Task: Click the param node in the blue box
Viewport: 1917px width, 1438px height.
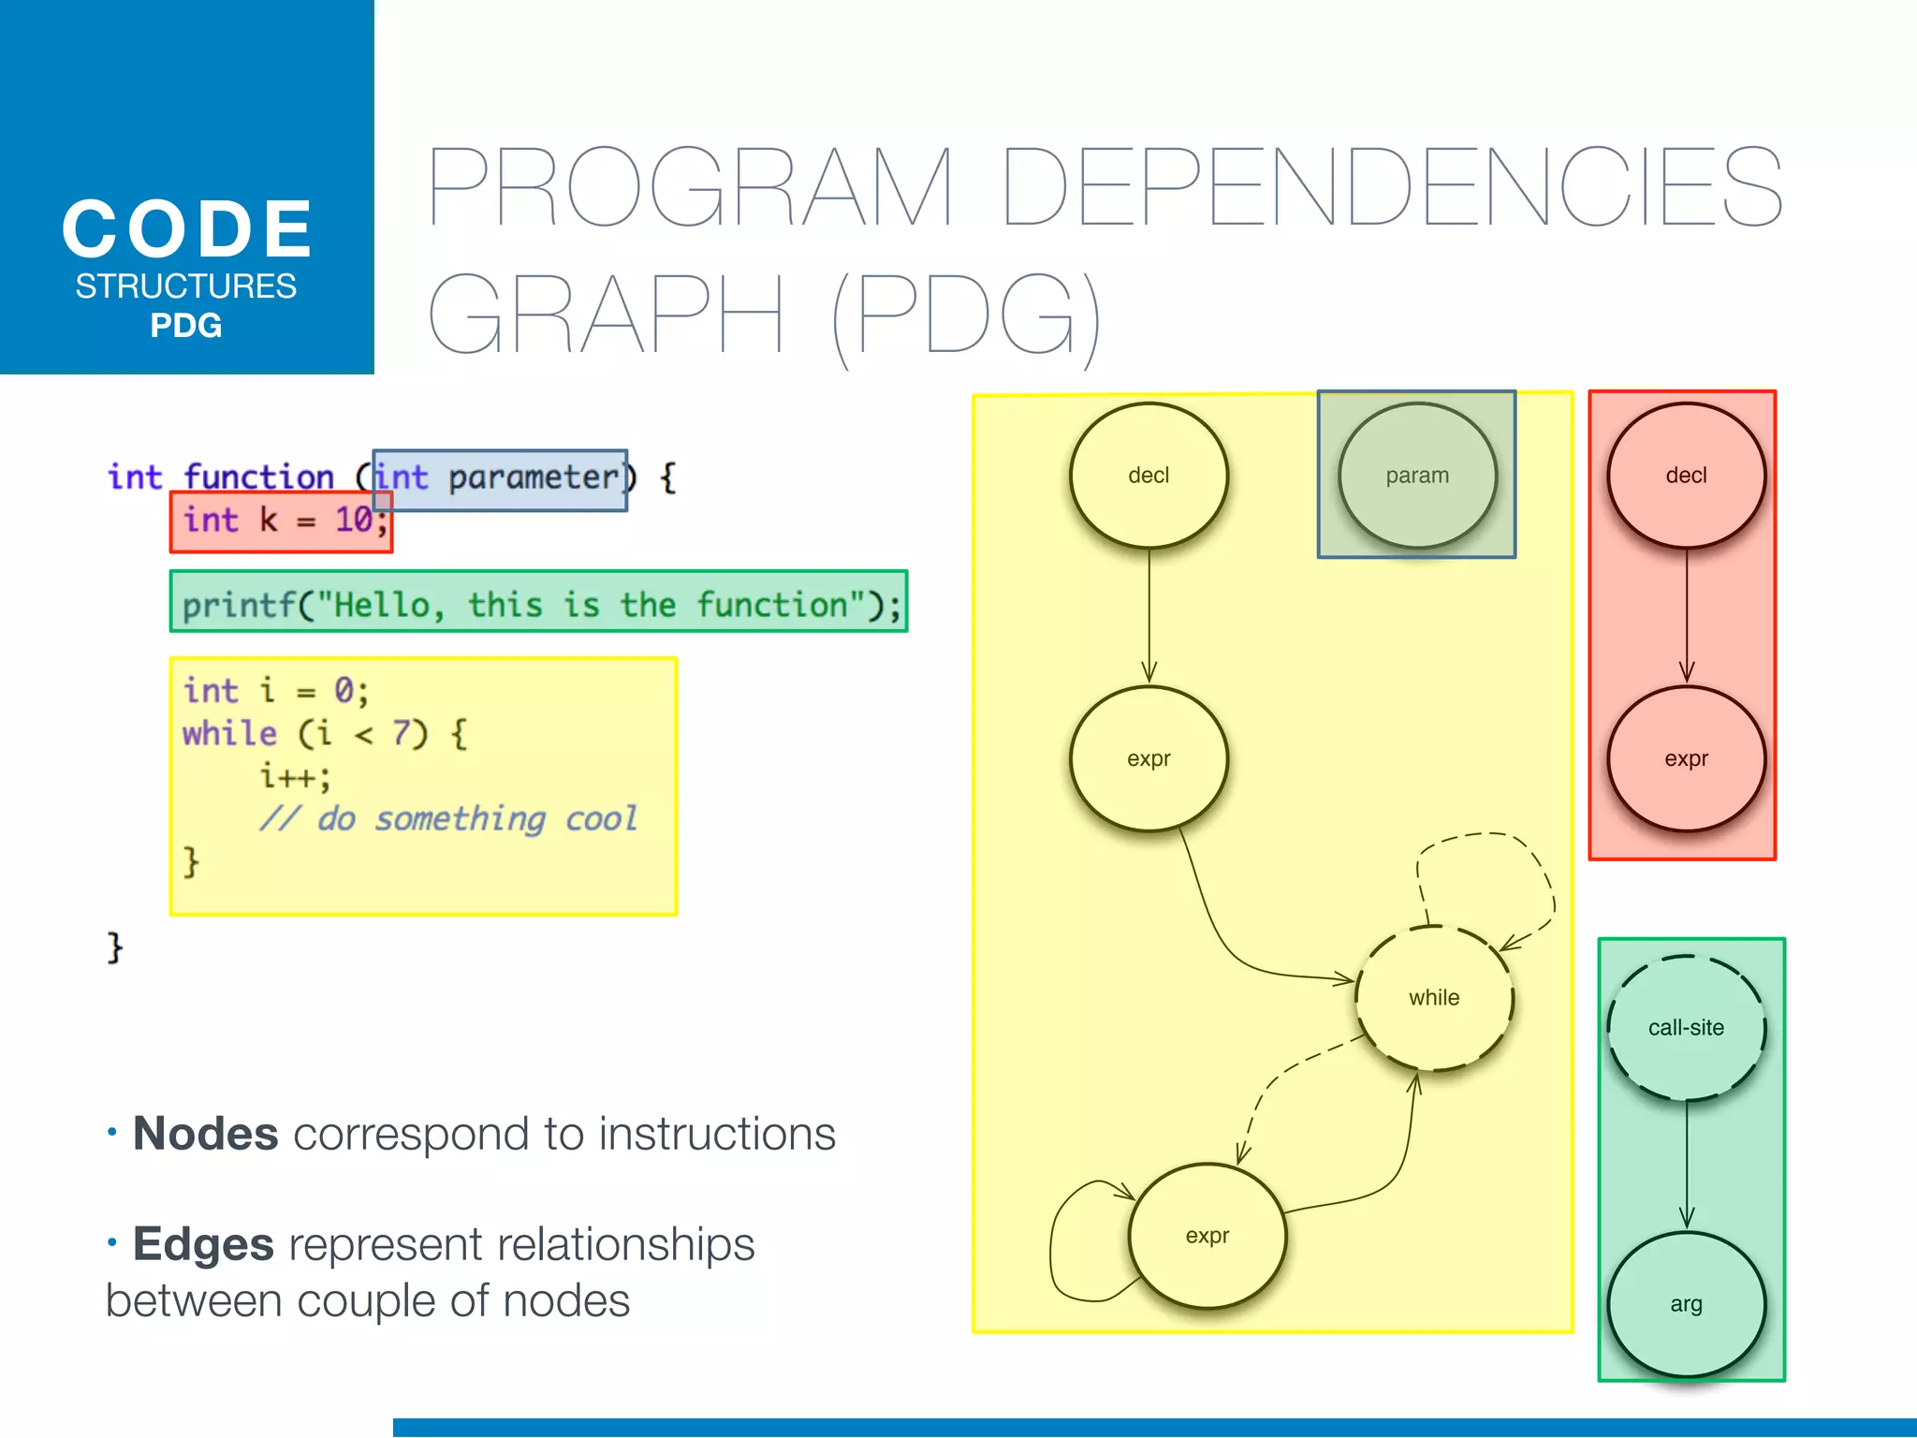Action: tap(1417, 476)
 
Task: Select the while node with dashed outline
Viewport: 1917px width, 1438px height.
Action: tap(1434, 998)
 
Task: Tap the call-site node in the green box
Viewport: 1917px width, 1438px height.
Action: tap(1686, 1028)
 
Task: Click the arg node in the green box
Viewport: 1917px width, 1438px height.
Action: tap(1686, 1304)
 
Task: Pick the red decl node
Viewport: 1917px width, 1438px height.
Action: tap(1686, 476)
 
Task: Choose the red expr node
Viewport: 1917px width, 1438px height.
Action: tap(1686, 759)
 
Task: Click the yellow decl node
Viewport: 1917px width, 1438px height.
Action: tap(1149, 476)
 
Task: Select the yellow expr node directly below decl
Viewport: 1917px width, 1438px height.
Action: tap(1149, 759)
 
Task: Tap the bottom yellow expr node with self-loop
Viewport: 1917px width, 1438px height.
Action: tap(1207, 1236)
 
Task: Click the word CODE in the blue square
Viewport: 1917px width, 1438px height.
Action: tap(187, 229)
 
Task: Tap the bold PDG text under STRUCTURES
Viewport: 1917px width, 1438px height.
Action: tap(186, 326)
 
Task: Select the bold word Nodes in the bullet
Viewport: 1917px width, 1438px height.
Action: tap(206, 1134)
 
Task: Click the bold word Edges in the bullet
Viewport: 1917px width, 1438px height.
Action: tap(203, 1244)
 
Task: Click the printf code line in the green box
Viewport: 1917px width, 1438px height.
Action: tap(540, 605)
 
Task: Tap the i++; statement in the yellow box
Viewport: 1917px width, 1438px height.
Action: tap(295, 776)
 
